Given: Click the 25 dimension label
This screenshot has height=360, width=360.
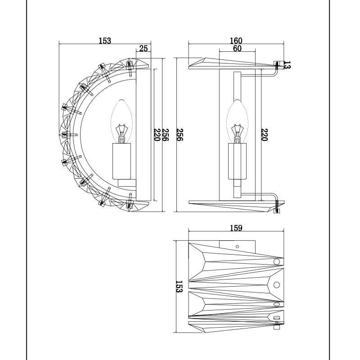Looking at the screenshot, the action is tap(144, 48).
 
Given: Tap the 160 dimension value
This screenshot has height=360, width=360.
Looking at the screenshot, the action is tap(236, 40).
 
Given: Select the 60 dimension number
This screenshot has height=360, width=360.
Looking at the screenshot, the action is tap(237, 49).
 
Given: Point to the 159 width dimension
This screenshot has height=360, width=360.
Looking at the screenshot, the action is tap(236, 228).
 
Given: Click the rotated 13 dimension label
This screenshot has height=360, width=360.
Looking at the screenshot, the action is tap(287, 65).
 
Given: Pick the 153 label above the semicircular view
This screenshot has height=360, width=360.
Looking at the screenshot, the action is tap(105, 40).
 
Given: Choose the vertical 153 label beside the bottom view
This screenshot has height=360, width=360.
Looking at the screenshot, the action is tap(179, 286).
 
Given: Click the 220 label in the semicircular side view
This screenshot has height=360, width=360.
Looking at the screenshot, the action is tap(157, 135).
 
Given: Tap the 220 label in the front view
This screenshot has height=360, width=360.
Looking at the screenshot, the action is tap(265, 135).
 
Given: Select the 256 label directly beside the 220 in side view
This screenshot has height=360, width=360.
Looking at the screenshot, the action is tap(166, 135).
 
